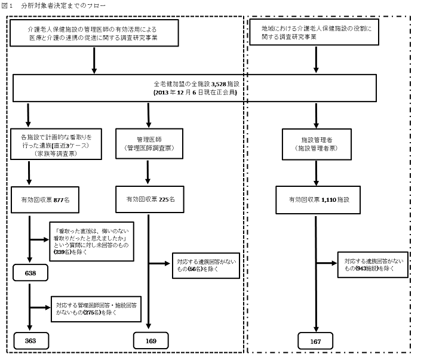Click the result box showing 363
pos(30,341)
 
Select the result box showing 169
pos(150,341)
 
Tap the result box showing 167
pos(317,341)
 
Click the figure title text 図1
pos(8,5)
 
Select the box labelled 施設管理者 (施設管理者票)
pos(317,143)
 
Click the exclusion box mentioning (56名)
pos(206,265)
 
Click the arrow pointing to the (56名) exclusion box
pos(159,263)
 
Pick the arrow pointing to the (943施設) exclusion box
pos(328,263)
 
